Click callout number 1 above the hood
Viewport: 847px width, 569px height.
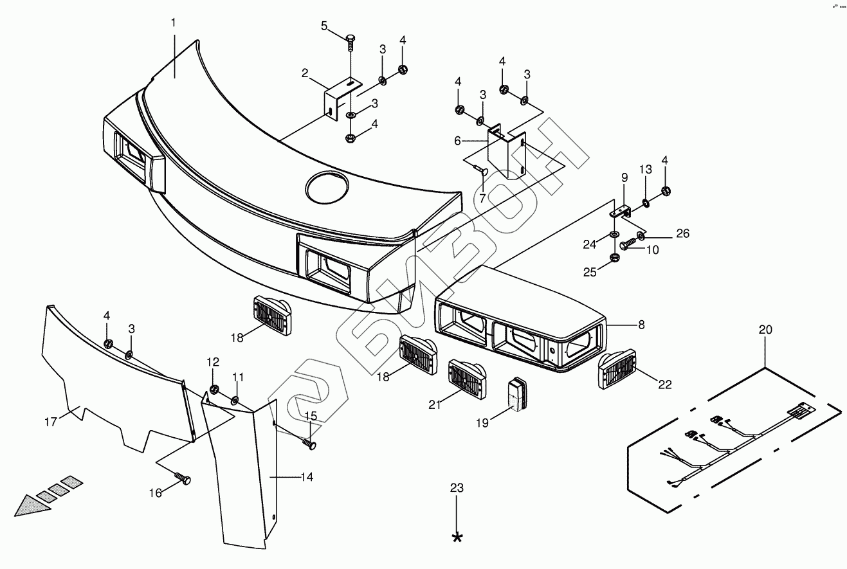[x=173, y=23]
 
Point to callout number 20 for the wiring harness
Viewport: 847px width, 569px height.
[x=765, y=330]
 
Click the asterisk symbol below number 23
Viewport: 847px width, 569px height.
[x=457, y=537]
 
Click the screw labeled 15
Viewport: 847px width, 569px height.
[x=309, y=443]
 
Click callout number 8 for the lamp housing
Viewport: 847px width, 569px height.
[x=641, y=325]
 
